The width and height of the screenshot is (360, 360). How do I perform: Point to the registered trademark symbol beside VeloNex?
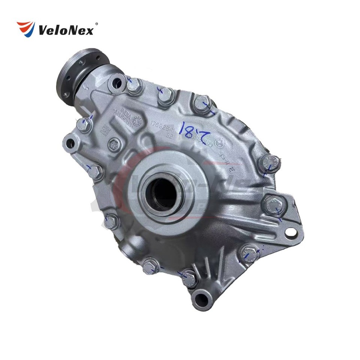(x=97, y=24)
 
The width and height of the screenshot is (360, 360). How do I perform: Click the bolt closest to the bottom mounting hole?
(x=189, y=277)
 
